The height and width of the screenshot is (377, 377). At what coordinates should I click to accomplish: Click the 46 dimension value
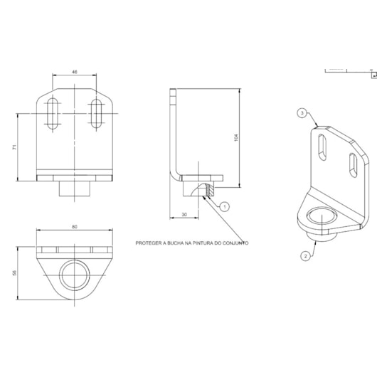tap(75, 72)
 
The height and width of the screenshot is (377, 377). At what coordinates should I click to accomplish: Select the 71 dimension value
tap(15, 147)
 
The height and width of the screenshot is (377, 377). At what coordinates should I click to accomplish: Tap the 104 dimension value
tap(236, 137)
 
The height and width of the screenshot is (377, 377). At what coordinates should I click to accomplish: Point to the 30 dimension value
tap(184, 215)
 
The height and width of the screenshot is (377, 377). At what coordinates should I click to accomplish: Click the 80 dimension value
tap(75, 227)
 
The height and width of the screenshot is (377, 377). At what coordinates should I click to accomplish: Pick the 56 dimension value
tap(15, 273)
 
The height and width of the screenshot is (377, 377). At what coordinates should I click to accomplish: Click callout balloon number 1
tap(225, 207)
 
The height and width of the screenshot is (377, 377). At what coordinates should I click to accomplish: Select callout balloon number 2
tap(306, 256)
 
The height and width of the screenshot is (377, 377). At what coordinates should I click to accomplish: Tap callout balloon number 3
tap(302, 113)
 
